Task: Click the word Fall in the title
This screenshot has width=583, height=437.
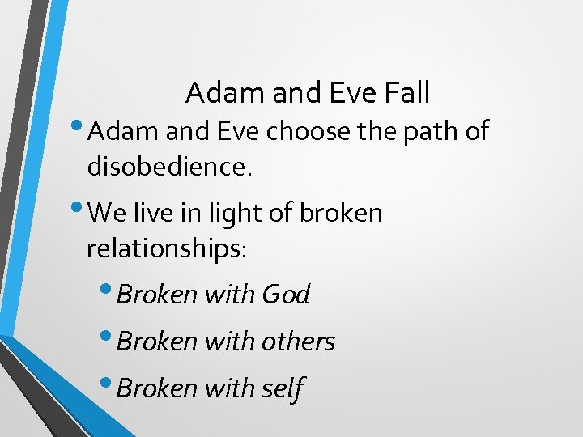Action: pos(403,93)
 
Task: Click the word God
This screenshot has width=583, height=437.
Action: pos(286,295)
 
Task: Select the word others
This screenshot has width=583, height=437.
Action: pos(298,342)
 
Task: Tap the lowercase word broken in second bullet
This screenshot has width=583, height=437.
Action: pos(341,213)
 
